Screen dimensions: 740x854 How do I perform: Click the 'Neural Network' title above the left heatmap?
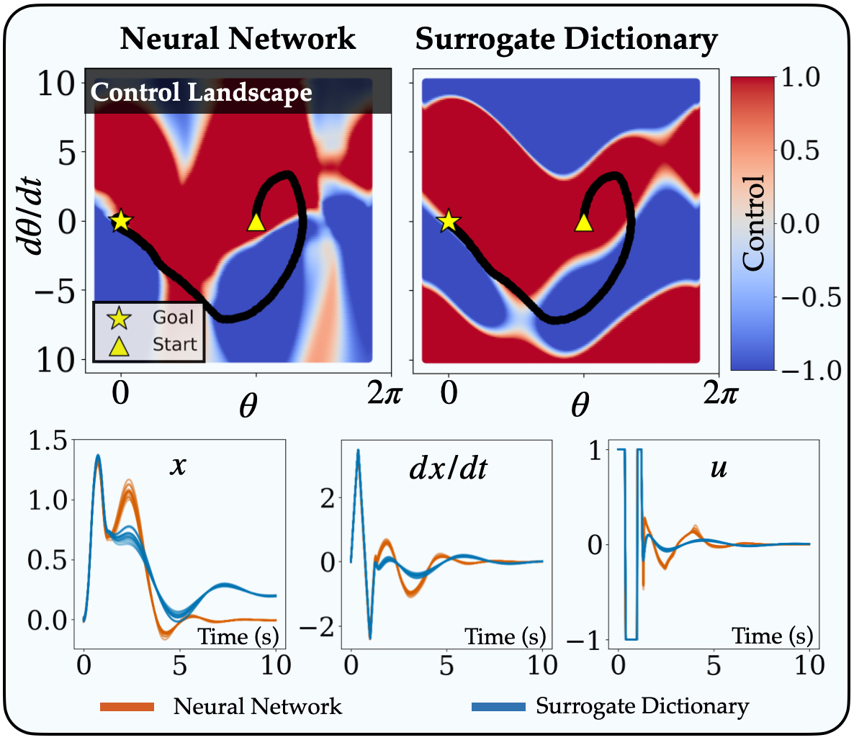pyautogui.click(x=238, y=38)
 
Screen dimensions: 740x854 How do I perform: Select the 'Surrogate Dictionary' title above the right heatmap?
pyautogui.click(x=566, y=40)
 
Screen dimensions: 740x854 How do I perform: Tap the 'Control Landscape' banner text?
pyautogui.click(x=202, y=92)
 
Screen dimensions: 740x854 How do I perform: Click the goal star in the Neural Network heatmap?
pyautogui.click(x=121, y=221)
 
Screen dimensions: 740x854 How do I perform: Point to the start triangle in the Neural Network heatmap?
pyautogui.click(x=256, y=222)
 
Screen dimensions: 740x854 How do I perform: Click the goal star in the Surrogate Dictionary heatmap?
pyautogui.click(x=449, y=221)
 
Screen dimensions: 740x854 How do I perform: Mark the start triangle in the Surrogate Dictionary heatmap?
pyautogui.click(x=584, y=222)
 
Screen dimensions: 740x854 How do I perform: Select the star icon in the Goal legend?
pyautogui.click(x=119, y=317)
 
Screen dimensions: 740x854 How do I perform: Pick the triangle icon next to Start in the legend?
pyautogui.click(x=119, y=345)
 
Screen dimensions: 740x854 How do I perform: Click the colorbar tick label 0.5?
pyautogui.click(x=801, y=152)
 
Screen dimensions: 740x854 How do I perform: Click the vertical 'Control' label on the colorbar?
pyautogui.click(x=754, y=223)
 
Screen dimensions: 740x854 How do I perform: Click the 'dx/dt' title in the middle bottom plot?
pyautogui.click(x=449, y=469)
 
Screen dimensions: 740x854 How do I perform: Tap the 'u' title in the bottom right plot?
pyautogui.click(x=718, y=468)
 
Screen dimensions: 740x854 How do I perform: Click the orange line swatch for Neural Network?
pyautogui.click(x=127, y=706)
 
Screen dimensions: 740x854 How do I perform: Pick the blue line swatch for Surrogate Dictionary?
pyautogui.click(x=498, y=706)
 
